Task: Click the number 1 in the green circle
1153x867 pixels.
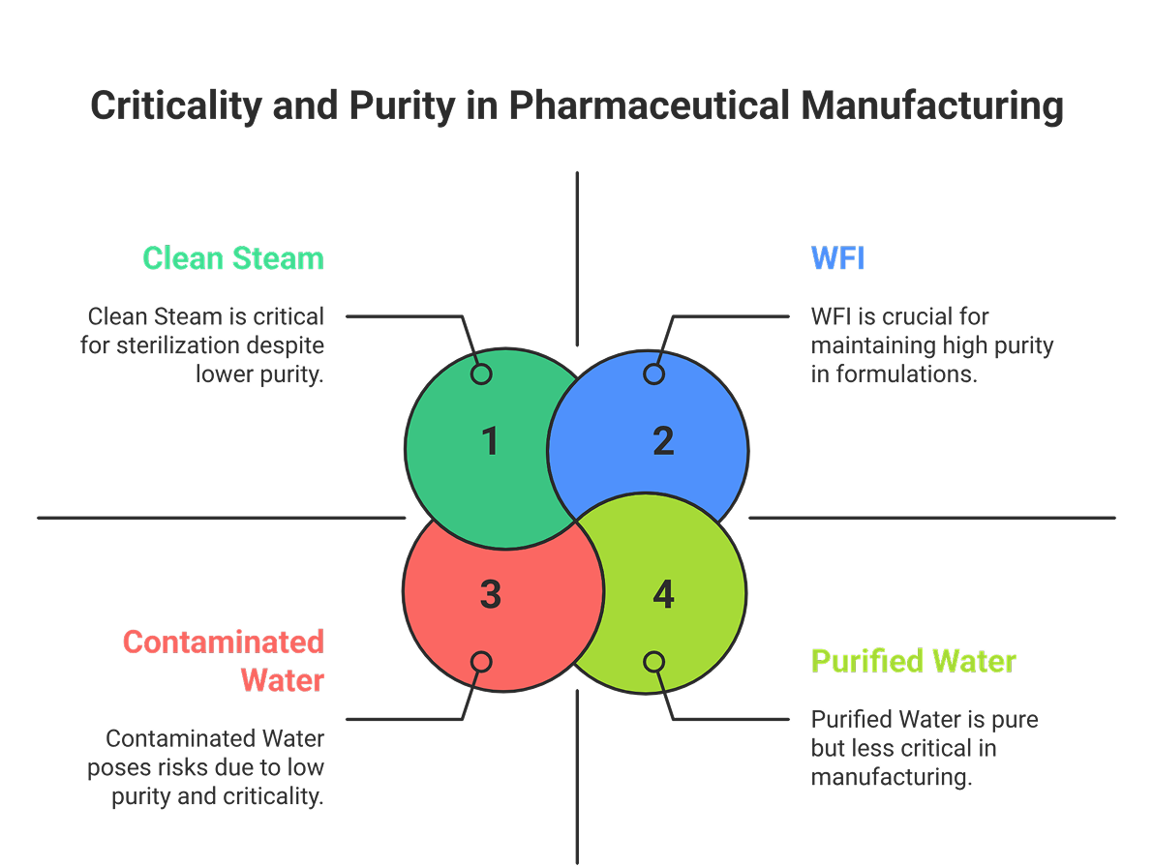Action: (x=490, y=441)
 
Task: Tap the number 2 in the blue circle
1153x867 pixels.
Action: (x=662, y=441)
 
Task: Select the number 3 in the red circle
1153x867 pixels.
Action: (x=490, y=595)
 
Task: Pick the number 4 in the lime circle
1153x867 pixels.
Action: (x=662, y=595)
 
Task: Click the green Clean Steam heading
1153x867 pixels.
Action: (x=232, y=258)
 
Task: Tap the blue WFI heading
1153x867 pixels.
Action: (x=837, y=258)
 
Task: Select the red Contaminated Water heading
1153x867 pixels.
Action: (x=224, y=660)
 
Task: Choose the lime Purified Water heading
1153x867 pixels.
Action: (x=913, y=661)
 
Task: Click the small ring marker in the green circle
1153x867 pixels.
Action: (x=481, y=374)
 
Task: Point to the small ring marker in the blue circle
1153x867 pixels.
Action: (x=654, y=374)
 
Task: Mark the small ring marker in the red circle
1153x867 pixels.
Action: (x=481, y=661)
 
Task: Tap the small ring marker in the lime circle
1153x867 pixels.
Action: (x=654, y=661)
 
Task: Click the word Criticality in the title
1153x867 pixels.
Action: (x=174, y=105)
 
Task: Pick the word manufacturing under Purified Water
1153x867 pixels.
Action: (x=891, y=777)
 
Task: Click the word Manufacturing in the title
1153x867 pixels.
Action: (x=931, y=105)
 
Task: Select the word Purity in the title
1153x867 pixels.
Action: (x=399, y=105)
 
